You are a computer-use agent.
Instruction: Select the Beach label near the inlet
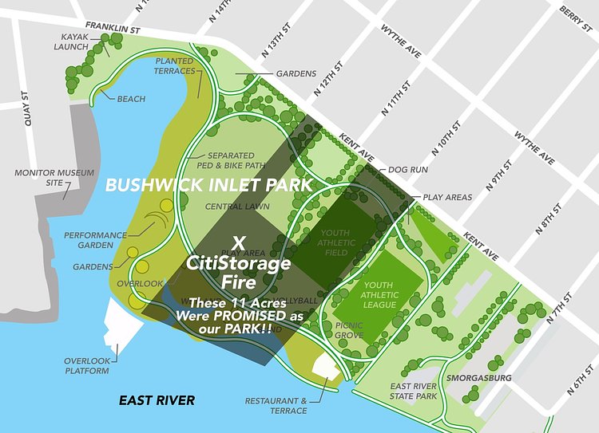pos(131,99)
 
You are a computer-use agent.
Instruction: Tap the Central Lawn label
pos(237,207)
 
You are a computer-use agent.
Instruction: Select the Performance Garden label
pos(95,240)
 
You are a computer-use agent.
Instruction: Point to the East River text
pos(157,400)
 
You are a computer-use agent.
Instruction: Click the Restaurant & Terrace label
pos(276,406)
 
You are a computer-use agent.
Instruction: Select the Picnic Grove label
pos(350,330)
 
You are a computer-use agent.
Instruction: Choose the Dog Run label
pos(408,170)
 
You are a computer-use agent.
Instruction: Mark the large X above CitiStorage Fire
pos(238,242)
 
